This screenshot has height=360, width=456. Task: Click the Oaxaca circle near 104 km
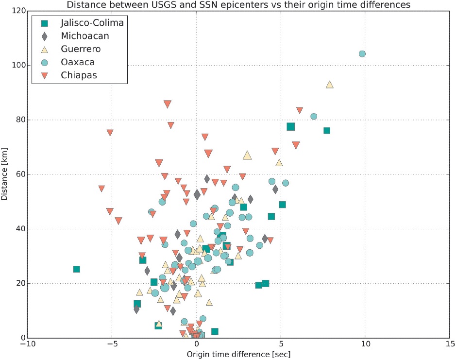click(362, 53)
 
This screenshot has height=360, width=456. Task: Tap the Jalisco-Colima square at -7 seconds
click(76, 269)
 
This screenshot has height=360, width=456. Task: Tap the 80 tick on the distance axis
click(18, 120)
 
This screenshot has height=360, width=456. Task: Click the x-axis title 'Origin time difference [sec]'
click(238, 354)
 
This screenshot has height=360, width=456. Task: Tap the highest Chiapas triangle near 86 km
click(168, 104)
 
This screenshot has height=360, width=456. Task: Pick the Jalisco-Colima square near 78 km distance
click(290, 127)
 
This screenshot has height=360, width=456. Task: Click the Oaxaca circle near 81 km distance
click(314, 117)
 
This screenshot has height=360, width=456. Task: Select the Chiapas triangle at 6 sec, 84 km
click(299, 110)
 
